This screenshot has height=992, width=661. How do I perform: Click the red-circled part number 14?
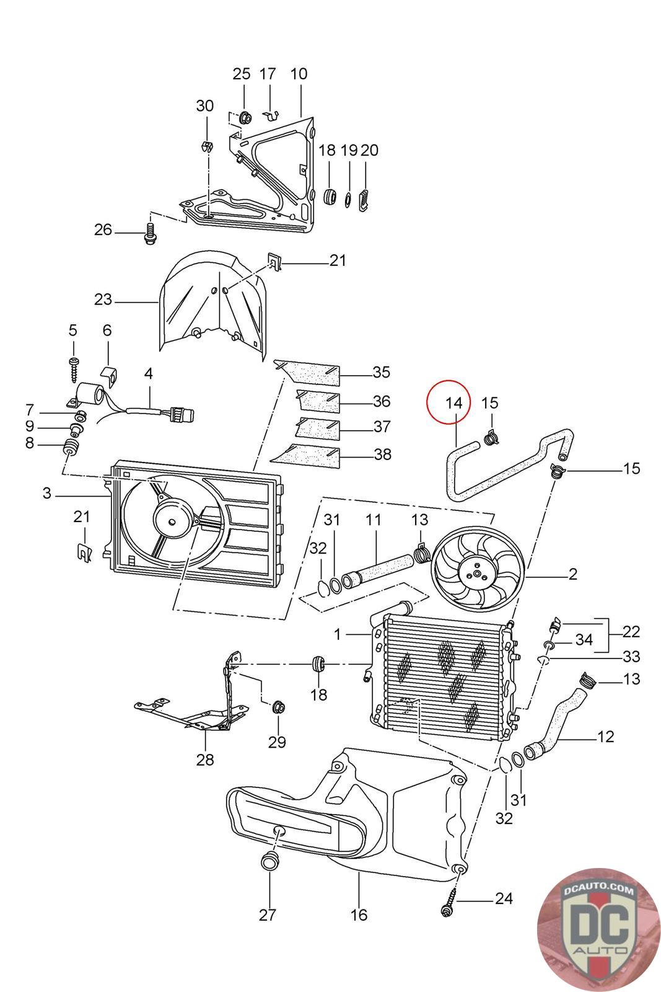pyautogui.click(x=454, y=403)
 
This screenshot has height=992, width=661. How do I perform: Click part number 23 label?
pyautogui.click(x=103, y=300)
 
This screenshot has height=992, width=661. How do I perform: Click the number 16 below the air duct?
pyautogui.click(x=359, y=914)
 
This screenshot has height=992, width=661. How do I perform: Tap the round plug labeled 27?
pyautogui.click(x=269, y=861)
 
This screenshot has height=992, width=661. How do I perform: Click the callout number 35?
pyautogui.click(x=381, y=372)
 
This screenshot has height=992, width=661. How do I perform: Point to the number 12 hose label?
pyautogui.click(x=605, y=737)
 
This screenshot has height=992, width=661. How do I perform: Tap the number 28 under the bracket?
pyautogui.click(x=205, y=759)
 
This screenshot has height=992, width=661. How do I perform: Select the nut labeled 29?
pyautogui.click(x=278, y=706)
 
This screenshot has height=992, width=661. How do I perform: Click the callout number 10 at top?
pyautogui.click(x=299, y=74)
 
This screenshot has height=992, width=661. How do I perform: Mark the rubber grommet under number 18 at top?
pyautogui.click(x=330, y=195)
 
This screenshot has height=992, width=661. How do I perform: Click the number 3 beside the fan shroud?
pyautogui.click(x=47, y=494)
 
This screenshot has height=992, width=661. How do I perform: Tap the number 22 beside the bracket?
pyautogui.click(x=631, y=632)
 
